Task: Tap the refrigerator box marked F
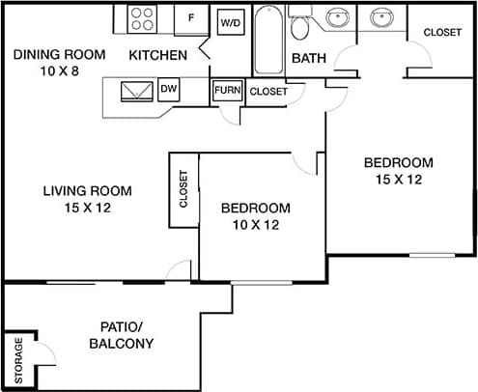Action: (x=191, y=18)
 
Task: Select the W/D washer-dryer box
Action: (x=231, y=21)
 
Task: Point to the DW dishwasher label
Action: (x=169, y=90)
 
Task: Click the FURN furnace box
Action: (x=227, y=91)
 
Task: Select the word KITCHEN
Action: (x=157, y=55)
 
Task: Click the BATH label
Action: (x=309, y=58)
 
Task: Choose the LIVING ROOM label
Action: (x=87, y=190)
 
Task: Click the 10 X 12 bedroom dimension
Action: (x=256, y=225)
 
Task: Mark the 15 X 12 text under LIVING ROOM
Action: (x=87, y=208)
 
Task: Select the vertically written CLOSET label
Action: (x=183, y=189)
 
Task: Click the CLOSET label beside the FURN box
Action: (x=268, y=92)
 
